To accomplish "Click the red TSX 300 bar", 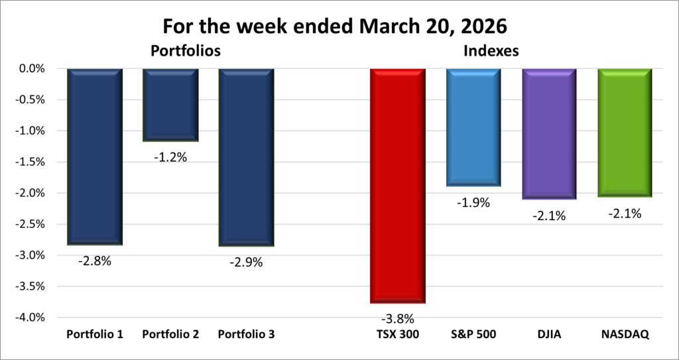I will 398,186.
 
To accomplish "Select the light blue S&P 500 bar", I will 473,127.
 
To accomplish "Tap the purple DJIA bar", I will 549,133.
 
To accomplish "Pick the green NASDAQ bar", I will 625,133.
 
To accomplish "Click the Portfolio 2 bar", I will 170,105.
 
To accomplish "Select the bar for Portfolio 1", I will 95,156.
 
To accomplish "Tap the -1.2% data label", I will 170,157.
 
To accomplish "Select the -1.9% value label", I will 473,203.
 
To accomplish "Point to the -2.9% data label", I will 246,262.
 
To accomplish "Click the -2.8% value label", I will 95,261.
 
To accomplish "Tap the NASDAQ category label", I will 625,335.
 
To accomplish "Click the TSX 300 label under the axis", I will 398,335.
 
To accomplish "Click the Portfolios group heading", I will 185,50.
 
